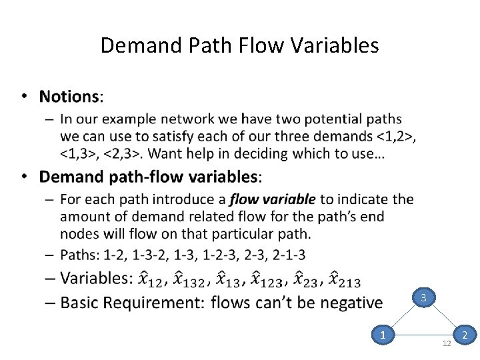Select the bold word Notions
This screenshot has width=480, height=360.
(x=69, y=97)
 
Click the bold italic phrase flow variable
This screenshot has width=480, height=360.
(x=273, y=199)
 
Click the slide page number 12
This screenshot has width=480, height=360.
(x=447, y=343)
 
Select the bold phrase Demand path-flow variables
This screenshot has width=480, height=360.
(x=149, y=177)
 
